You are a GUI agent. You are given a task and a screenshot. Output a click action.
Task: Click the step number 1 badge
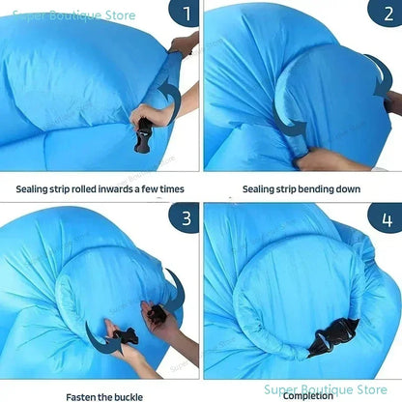[186, 13]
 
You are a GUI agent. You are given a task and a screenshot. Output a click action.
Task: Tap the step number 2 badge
[387, 13]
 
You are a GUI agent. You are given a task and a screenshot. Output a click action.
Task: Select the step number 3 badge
[185, 217]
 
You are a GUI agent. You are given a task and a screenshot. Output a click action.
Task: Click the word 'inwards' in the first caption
[115, 189]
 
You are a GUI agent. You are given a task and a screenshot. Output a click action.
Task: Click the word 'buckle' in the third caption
[128, 397]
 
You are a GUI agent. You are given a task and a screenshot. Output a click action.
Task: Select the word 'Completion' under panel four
[308, 396]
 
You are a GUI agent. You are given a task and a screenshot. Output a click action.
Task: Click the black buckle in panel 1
[142, 136]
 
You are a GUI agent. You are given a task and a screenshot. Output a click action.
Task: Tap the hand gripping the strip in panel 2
[322, 159]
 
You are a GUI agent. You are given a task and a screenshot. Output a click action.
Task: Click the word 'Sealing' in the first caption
[32, 189]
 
